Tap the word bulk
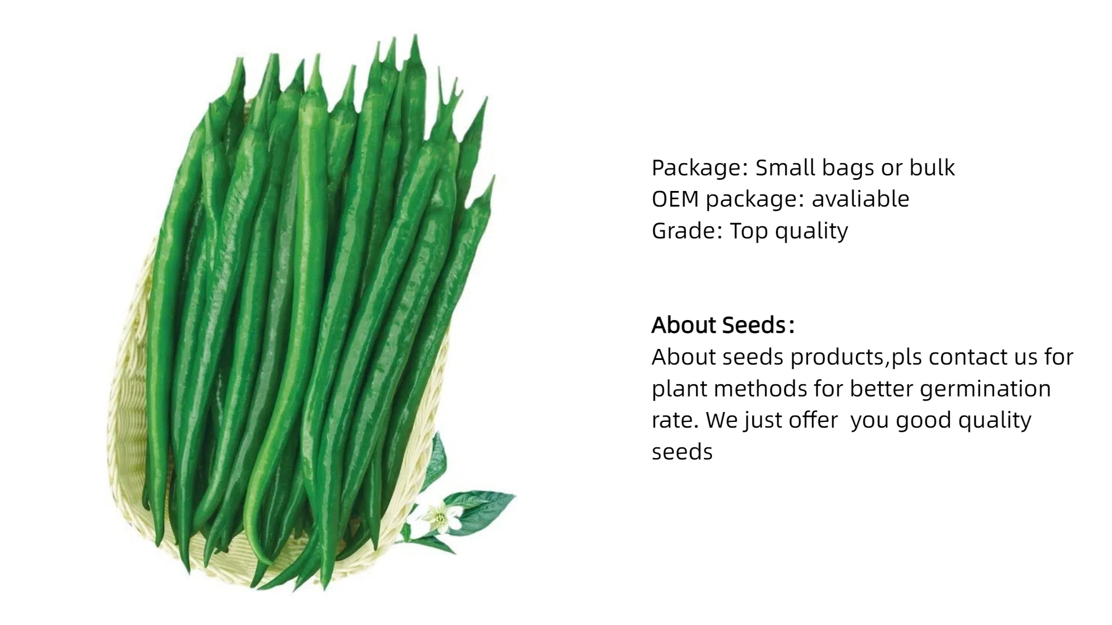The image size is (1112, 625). click(x=932, y=167)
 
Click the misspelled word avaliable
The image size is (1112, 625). click(x=861, y=198)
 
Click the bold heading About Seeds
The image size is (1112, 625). click(x=723, y=325)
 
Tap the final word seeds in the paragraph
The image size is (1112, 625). click(x=682, y=452)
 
